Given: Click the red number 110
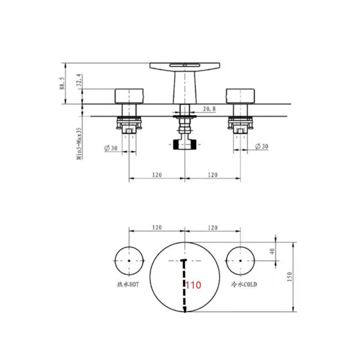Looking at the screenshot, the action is (193, 285).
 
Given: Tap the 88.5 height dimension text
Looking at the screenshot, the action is (62, 83).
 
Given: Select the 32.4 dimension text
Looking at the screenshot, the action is (79, 80).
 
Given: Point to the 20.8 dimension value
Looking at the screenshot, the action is (209, 109).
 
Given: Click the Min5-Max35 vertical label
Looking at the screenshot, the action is (79, 144).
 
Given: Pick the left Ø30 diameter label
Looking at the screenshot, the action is (111, 148).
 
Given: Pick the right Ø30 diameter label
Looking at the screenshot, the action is (262, 146).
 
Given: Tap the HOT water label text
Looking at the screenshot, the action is (128, 284).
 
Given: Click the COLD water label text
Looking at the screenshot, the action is (244, 284).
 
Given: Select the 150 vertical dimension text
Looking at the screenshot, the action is (289, 277).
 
